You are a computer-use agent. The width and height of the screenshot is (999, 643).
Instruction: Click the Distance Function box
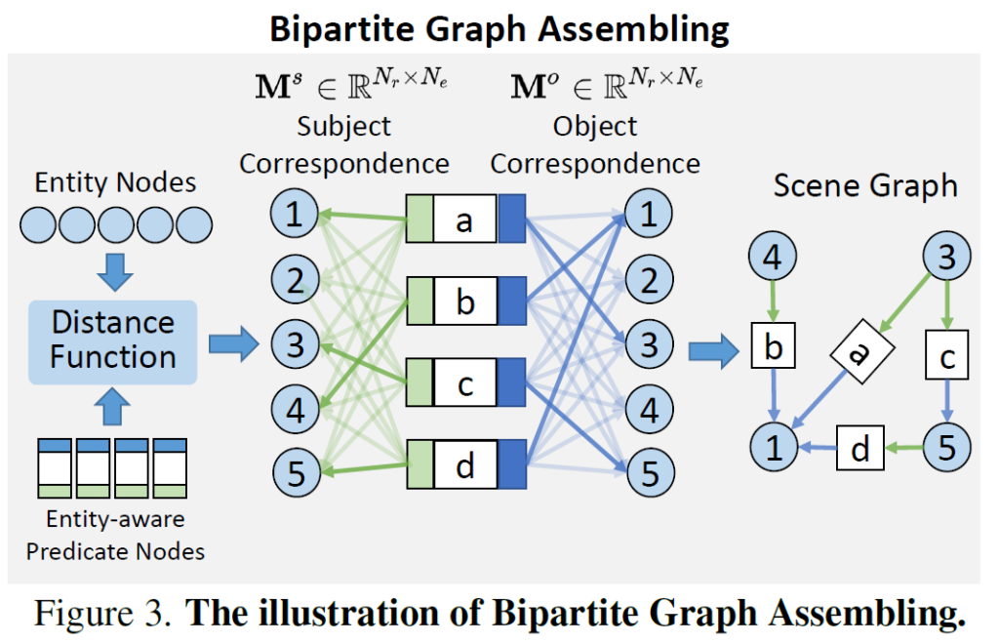click(113, 341)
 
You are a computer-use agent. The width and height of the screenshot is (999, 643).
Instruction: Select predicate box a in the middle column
click(465, 220)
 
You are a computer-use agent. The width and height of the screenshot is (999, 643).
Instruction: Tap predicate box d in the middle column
click(465, 465)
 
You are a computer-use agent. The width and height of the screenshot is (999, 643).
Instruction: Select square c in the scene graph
click(946, 357)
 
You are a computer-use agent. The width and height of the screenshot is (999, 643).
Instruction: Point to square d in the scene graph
click(859, 450)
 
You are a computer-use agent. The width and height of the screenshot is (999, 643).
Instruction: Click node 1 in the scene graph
click(773, 448)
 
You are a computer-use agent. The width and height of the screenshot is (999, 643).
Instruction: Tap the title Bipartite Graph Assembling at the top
click(499, 28)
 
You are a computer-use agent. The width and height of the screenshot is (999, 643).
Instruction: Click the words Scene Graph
click(865, 185)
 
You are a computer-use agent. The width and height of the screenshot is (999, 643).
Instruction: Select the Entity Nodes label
click(115, 182)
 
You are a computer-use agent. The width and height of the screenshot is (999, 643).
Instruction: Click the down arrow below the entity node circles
click(116, 273)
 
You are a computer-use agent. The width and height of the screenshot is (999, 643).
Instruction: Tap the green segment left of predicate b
click(420, 301)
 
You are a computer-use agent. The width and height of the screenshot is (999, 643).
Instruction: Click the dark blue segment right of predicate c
click(511, 383)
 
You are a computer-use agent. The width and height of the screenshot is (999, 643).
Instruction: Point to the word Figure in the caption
click(80, 615)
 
